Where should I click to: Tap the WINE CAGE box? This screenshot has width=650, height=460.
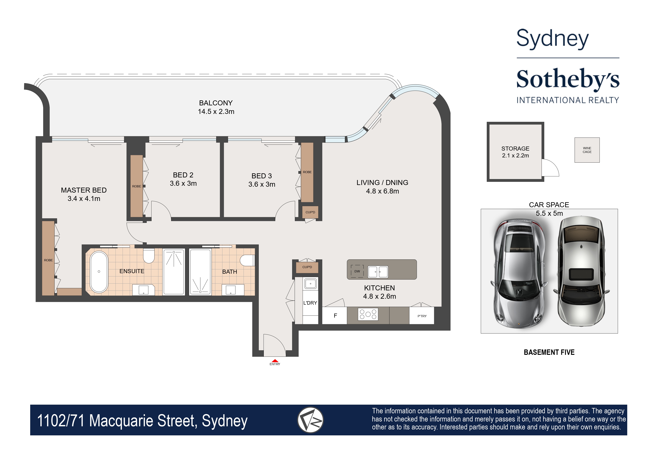(x=587, y=150)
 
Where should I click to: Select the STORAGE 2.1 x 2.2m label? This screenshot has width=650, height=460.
(x=515, y=152)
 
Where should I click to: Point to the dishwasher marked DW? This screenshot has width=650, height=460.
(x=357, y=271)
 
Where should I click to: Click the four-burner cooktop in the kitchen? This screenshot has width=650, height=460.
(x=368, y=314)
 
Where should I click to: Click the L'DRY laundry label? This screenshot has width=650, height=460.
(x=310, y=303)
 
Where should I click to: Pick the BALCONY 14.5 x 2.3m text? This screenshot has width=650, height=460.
(x=216, y=107)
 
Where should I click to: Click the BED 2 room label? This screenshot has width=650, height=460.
(x=183, y=179)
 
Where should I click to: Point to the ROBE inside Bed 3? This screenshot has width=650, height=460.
(x=307, y=172)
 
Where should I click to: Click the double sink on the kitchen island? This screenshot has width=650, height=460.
(x=378, y=272)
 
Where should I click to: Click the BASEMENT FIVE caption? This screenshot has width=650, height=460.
(x=549, y=352)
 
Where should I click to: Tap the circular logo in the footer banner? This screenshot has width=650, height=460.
(x=310, y=420)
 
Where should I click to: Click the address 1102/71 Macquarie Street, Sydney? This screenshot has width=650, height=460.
(x=142, y=421)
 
